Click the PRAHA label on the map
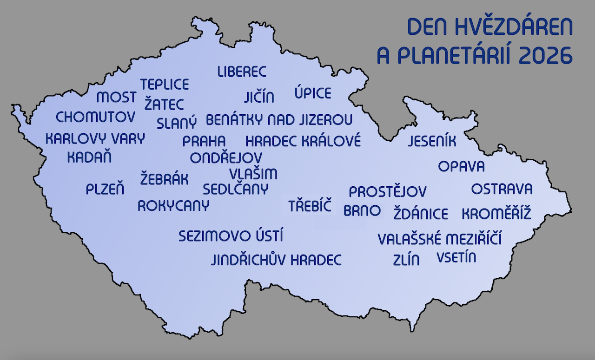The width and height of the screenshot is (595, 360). point(204,141)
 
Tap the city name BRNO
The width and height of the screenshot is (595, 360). point(362,210)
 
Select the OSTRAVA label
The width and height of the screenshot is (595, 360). point(502,189)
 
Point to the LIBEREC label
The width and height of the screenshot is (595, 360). point(242,72)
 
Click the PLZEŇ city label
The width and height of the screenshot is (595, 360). point(105,189)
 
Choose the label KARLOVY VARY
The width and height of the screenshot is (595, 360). point(95,138)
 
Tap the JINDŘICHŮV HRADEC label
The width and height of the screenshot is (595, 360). point(276,260)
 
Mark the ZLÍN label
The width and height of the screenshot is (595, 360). point(406,260)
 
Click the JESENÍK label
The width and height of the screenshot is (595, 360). point(432,141)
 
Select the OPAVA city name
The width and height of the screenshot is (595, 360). point(461,166)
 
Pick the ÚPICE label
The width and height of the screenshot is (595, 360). point(313,93)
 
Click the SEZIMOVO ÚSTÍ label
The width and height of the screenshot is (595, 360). point(231,236)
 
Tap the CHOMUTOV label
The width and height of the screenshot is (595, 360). point(95,117)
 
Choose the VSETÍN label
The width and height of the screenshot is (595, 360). point(456,257)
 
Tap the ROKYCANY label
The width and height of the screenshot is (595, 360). point(173,206)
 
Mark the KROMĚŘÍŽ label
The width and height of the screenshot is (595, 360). point(496,214)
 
